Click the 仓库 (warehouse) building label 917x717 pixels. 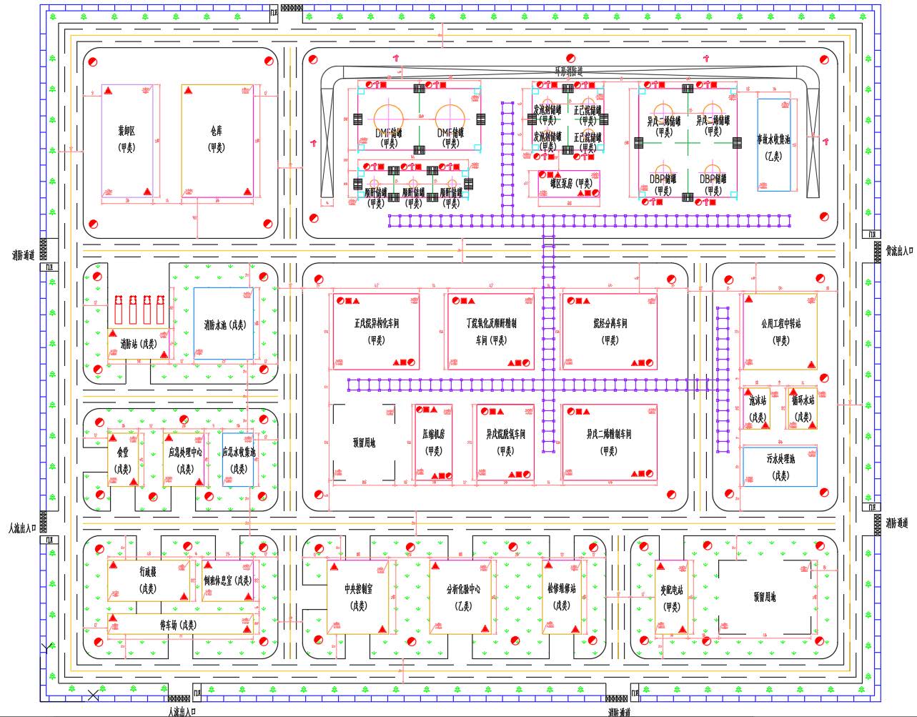(216, 139)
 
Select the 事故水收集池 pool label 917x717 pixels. (774, 147)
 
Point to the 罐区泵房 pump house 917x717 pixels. (568, 183)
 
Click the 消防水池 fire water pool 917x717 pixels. (224, 324)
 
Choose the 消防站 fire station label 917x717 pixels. (139, 343)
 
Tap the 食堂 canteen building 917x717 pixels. (123, 460)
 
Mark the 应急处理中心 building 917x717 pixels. (184, 460)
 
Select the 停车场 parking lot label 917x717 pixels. (178, 625)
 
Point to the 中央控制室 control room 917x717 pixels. (358, 596)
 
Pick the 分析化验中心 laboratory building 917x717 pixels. (462, 596)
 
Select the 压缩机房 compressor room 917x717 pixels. (434, 442)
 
